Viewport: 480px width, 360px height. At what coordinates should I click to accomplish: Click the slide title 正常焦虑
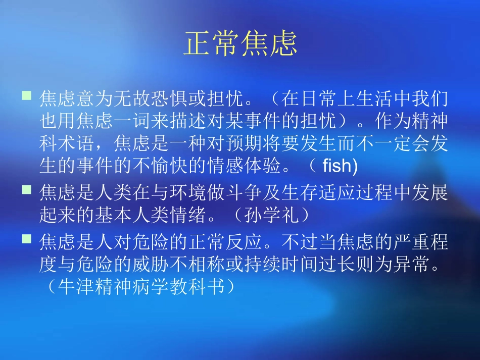click(240, 44)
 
